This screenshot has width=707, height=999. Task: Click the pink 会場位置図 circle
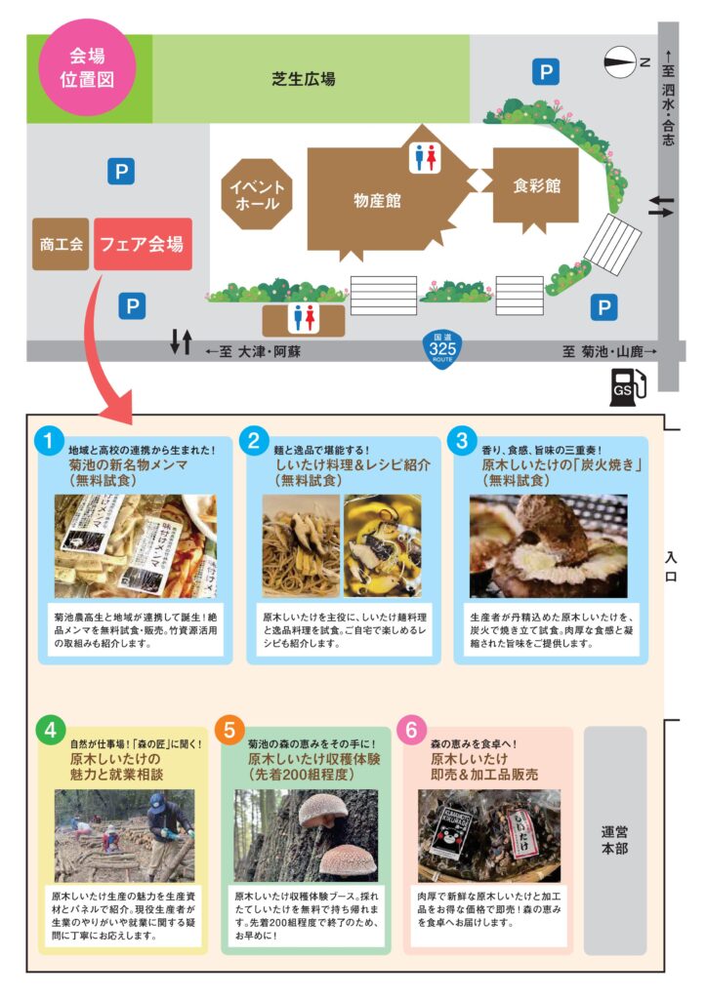pos(87,67)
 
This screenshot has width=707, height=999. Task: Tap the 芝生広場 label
pos(304,79)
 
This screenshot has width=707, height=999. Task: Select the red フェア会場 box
pos(143,244)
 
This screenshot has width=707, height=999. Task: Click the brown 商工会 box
pos(61,244)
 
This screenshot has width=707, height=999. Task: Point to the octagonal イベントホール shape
pos(257,194)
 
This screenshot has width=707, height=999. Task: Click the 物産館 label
pos(377,201)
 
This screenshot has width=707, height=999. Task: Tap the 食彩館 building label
pos(537,185)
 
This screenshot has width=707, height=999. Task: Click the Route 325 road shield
pos(442,348)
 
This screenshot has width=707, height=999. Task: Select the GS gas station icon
pos(628,387)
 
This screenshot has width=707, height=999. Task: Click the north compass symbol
pos(620,62)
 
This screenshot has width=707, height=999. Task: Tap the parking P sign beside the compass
pos(546,71)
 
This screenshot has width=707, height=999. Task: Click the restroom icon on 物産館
pos(425,157)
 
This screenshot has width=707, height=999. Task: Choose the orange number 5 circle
pos(230,730)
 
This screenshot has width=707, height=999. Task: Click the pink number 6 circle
pos(412,730)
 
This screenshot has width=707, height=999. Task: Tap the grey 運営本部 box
pos(615,840)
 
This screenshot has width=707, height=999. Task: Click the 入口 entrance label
pos(671,567)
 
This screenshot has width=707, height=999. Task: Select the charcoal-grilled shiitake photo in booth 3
pos(549,546)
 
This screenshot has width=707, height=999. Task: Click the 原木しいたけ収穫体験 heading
pos(314,759)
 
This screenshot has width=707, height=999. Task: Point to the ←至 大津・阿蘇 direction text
pos(253,351)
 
